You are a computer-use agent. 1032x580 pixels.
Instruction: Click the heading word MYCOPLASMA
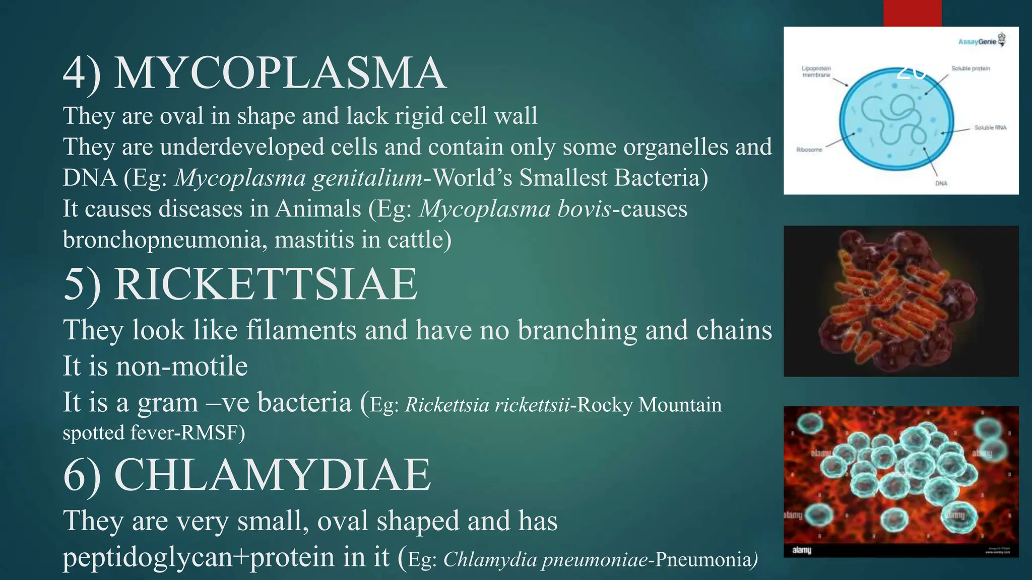click(x=280, y=74)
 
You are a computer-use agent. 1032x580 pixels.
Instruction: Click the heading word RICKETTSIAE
click(x=266, y=284)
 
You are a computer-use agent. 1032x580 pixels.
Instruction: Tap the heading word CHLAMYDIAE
click(x=272, y=475)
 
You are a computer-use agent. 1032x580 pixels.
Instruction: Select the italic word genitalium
click(x=367, y=178)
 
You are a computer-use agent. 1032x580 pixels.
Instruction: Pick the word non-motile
click(x=182, y=366)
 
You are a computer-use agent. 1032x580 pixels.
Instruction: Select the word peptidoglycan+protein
click(x=226, y=557)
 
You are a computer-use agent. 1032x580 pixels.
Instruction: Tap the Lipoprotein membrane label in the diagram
click(x=816, y=71)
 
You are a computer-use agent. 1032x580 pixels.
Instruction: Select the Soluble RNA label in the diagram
click(x=990, y=128)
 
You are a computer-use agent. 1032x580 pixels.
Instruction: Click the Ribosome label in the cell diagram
click(x=809, y=150)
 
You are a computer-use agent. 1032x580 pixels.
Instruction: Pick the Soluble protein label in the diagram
click(x=971, y=68)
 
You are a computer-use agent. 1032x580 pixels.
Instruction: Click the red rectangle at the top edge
click(x=912, y=13)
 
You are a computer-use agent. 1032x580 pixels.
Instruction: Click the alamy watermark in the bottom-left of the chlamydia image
click(x=802, y=550)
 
